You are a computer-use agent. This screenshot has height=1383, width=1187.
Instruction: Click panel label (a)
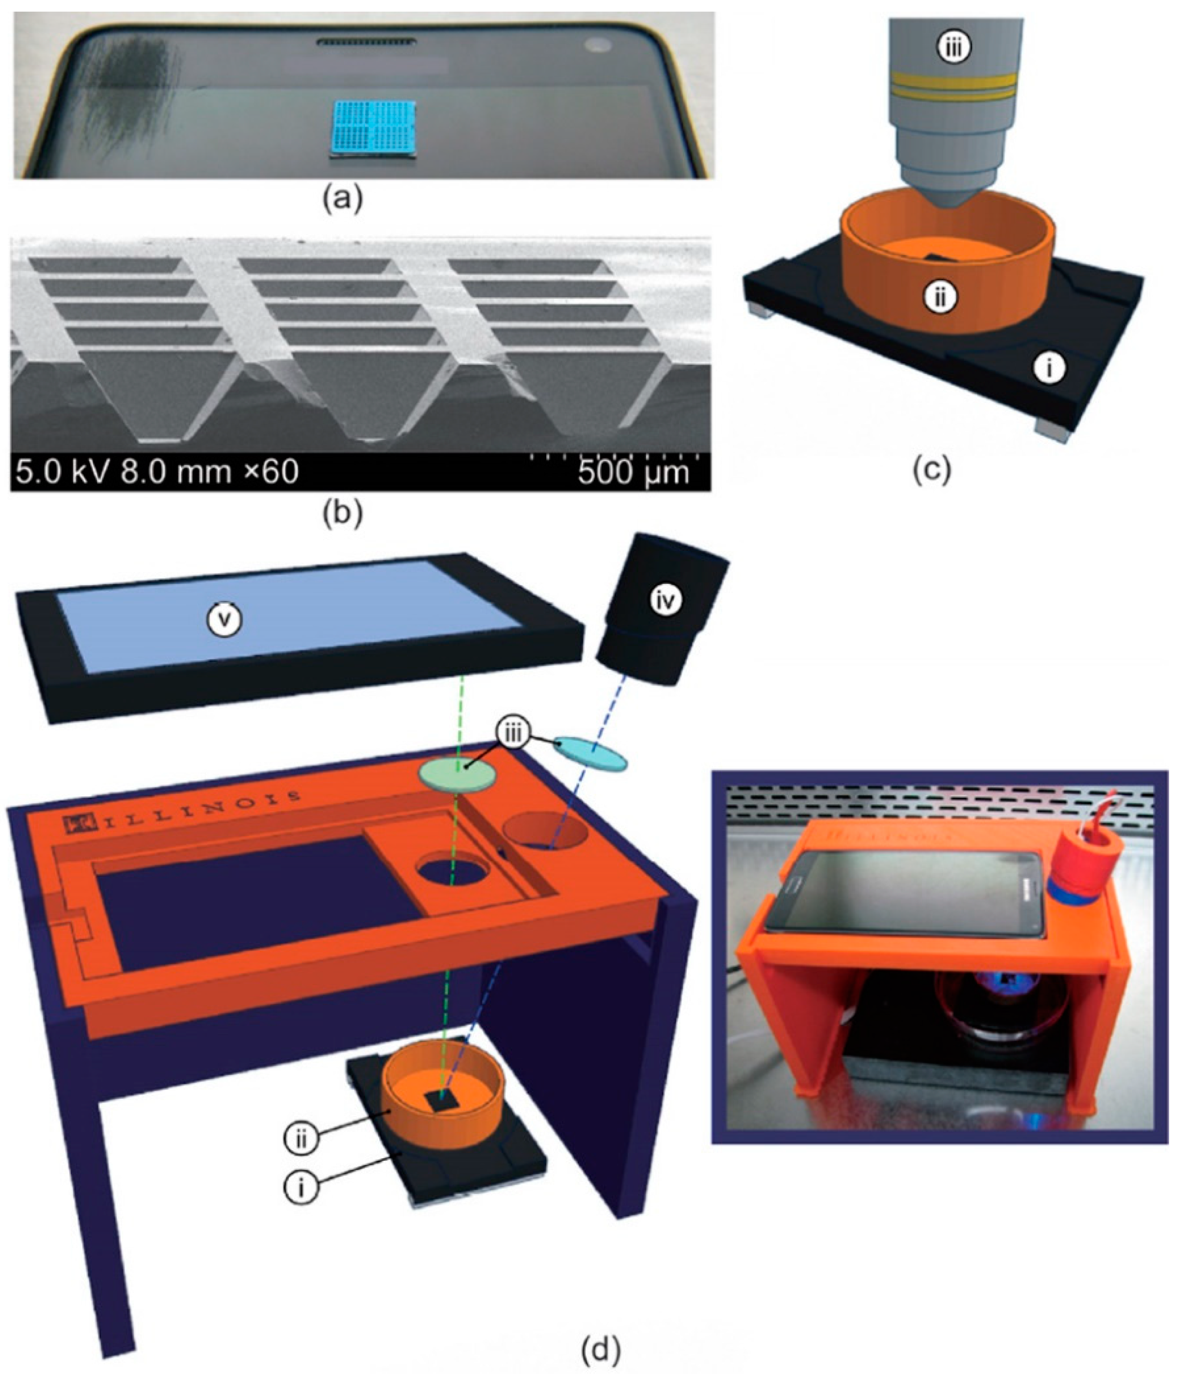point(342,199)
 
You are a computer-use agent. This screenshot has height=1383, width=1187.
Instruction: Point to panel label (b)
point(342,513)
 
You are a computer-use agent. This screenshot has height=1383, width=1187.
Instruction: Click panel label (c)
point(932,468)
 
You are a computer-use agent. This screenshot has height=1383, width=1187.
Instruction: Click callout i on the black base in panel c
point(1048,367)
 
